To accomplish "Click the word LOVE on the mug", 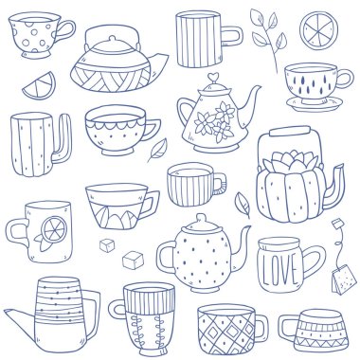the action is click(x=278, y=268).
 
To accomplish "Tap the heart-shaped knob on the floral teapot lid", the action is click(x=213, y=78).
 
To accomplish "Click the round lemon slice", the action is click(x=318, y=30).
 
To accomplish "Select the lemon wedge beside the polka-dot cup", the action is click(x=40, y=86).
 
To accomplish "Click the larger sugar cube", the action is click(x=133, y=261).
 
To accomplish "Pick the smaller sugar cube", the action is click(x=107, y=245).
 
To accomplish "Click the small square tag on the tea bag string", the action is click(x=337, y=223).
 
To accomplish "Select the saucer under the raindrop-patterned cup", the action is click(x=315, y=103).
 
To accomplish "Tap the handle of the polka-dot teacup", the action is click(x=66, y=30).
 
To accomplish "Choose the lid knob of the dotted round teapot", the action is click(x=201, y=219).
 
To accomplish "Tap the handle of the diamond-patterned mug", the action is click(x=262, y=329).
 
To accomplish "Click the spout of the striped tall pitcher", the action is click(x=20, y=316).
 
